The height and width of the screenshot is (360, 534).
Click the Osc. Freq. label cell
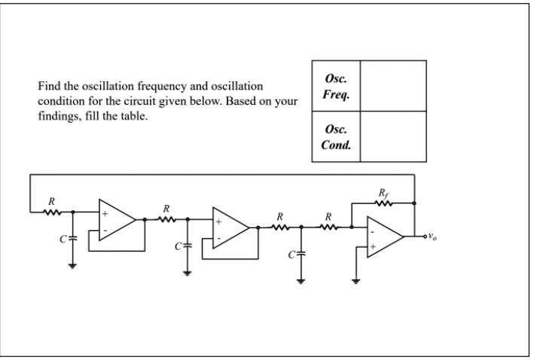[x=336, y=86]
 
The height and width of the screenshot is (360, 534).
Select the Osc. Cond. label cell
[x=336, y=136]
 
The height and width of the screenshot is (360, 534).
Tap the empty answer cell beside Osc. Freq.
[x=393, y=86]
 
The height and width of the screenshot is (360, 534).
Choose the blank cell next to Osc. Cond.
[x=393, y=136]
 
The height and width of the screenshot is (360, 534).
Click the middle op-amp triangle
[x=230, y=227]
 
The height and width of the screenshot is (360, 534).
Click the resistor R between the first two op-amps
[x=166, y=219]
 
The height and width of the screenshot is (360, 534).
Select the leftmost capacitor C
[x=72, y=239]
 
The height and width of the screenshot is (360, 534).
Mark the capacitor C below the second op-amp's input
[x=187, y=246]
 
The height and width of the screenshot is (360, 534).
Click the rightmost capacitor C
[x=301, y=254]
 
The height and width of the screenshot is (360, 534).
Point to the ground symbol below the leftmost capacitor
[x=72, y=264]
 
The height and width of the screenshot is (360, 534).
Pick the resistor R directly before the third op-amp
[x=328, y=226]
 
